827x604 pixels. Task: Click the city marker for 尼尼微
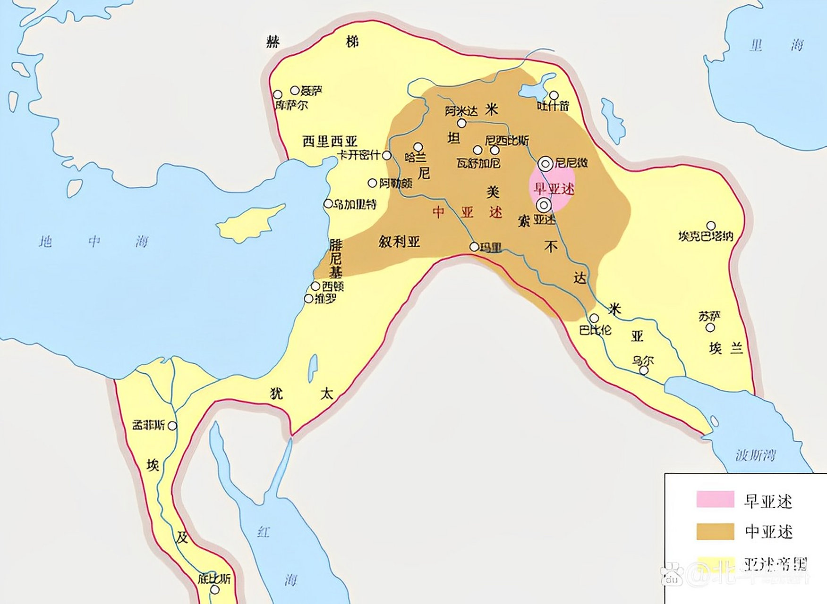point(546,164)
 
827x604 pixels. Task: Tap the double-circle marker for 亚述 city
point(544,205)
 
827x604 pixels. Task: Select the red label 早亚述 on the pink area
point(554,189)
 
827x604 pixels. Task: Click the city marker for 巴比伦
point(594,318)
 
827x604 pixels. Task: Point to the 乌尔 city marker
point(644,370)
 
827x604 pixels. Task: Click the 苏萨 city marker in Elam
point(710,327)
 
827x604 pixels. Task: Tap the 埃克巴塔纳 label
point(706,236)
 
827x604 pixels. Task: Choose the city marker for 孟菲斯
point(173,426)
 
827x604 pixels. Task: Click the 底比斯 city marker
point(215,589)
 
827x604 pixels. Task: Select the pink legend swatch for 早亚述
point(715,499)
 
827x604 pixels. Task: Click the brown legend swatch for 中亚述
point(715,531)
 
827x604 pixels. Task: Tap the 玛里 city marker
point(474,247)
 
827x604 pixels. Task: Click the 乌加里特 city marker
point(328,204)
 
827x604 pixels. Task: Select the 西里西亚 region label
point(330,141)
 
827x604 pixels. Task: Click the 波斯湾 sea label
point(756,455)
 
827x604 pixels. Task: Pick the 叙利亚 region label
point(399,242)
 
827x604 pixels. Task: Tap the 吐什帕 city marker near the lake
point(554,96)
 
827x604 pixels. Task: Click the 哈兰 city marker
point(418,147)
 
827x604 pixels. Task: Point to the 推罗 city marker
point(308,299)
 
